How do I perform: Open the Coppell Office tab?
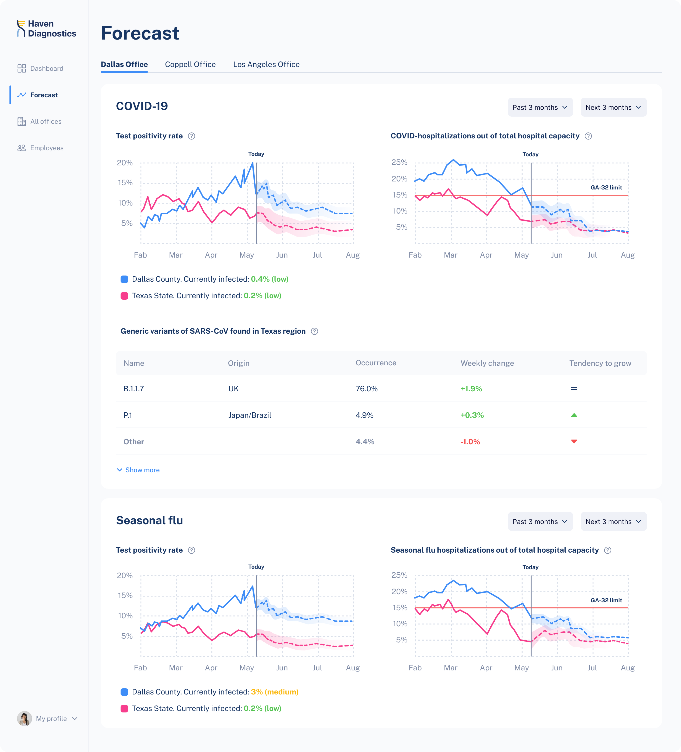(x=190, y=65)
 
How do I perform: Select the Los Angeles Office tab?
(x=266, y=65)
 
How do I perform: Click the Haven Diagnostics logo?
(x=47, y=29)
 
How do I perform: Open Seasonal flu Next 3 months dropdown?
(x=613, y=521)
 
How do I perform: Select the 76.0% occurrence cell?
(x=366, y=389)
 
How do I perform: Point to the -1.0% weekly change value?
(x=470, y=442)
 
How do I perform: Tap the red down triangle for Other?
(x=574, y=442)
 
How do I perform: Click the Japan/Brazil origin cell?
(x=250, y=415)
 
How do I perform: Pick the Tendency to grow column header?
(x=600, y=363)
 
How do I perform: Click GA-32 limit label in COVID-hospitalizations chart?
(x=606, y=188)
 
